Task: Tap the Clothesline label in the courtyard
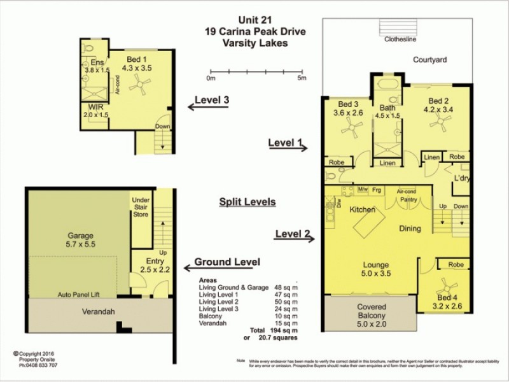399,38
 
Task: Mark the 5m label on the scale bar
302,78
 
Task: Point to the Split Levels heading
247,202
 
